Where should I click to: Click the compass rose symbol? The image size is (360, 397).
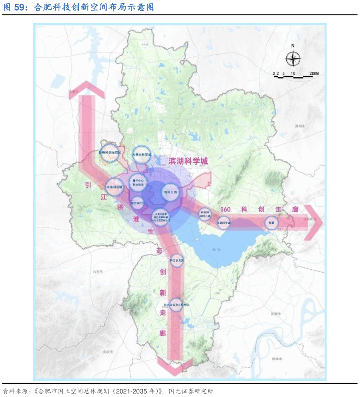293,59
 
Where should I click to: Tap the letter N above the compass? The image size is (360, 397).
293,46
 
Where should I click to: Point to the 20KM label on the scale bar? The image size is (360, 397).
314,73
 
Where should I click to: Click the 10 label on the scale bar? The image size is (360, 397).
293,73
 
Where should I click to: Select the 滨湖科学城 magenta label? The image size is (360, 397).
188,161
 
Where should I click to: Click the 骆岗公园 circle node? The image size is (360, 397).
170,191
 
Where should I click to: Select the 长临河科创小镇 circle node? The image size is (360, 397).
205,214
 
